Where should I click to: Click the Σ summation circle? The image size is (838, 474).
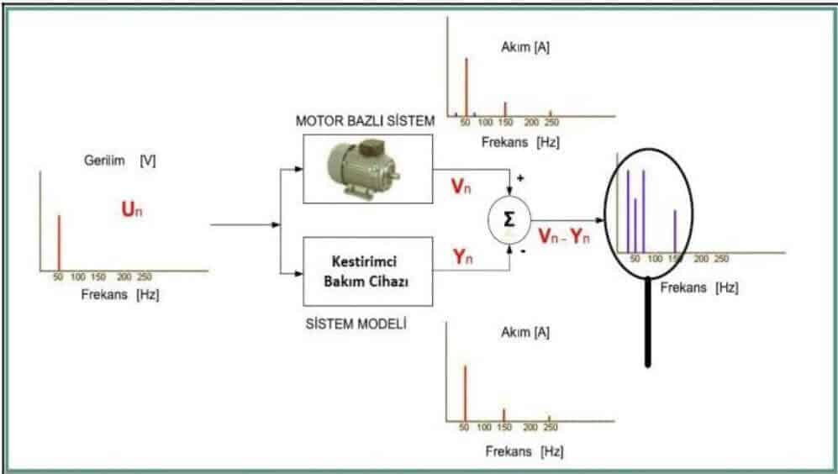tap(509, 221)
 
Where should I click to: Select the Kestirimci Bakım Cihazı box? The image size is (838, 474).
tap(366, 271)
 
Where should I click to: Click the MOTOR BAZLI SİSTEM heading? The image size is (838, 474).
tap(365, 121)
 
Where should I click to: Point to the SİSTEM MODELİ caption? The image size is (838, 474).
tap(356, 324)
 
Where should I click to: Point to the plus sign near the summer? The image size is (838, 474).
tap(520, 178)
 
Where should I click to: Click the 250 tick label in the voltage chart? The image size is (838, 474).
tap(145, 276)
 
